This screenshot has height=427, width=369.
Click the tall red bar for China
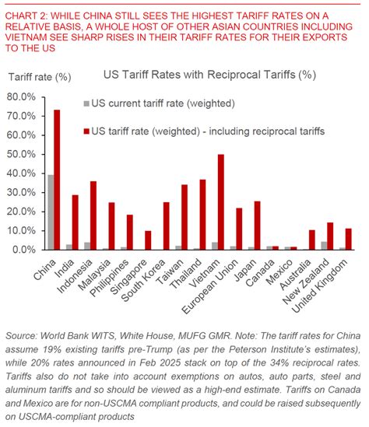tap(56, 180)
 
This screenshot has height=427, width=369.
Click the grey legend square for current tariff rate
tap(86, 103)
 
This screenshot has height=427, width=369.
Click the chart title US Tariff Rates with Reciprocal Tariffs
tap(209, 75)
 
